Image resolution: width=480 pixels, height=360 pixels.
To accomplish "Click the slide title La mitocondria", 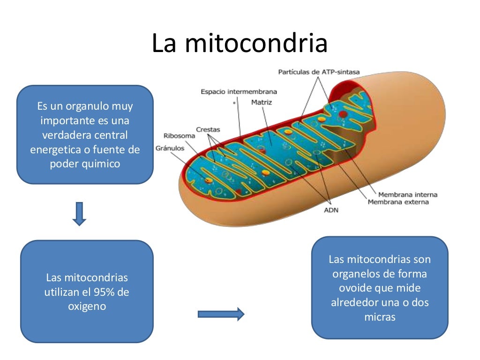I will (x=240, y=43).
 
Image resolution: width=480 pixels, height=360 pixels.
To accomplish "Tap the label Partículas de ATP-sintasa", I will (x=319, y=72).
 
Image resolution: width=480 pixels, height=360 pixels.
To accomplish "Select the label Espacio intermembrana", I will (x=239, y=91).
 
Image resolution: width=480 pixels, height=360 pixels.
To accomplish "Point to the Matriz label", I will (x=262, y=102).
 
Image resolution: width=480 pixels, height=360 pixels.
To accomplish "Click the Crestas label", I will (x=208, y=129).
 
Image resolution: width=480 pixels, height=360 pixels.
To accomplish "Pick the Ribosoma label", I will (x=179, y=136).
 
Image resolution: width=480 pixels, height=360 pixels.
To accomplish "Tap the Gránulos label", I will (x=171, y=148).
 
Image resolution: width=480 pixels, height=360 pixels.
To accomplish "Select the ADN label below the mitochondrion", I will (x=331, y=210).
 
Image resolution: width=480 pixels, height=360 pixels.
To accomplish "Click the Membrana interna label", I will (x=407, y=195).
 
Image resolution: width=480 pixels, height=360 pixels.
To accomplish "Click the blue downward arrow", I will (x=80, y=213).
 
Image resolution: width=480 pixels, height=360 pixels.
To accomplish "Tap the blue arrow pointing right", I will (x=221, y=314).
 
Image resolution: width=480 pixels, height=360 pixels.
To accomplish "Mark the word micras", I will (x=380, y=317).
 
